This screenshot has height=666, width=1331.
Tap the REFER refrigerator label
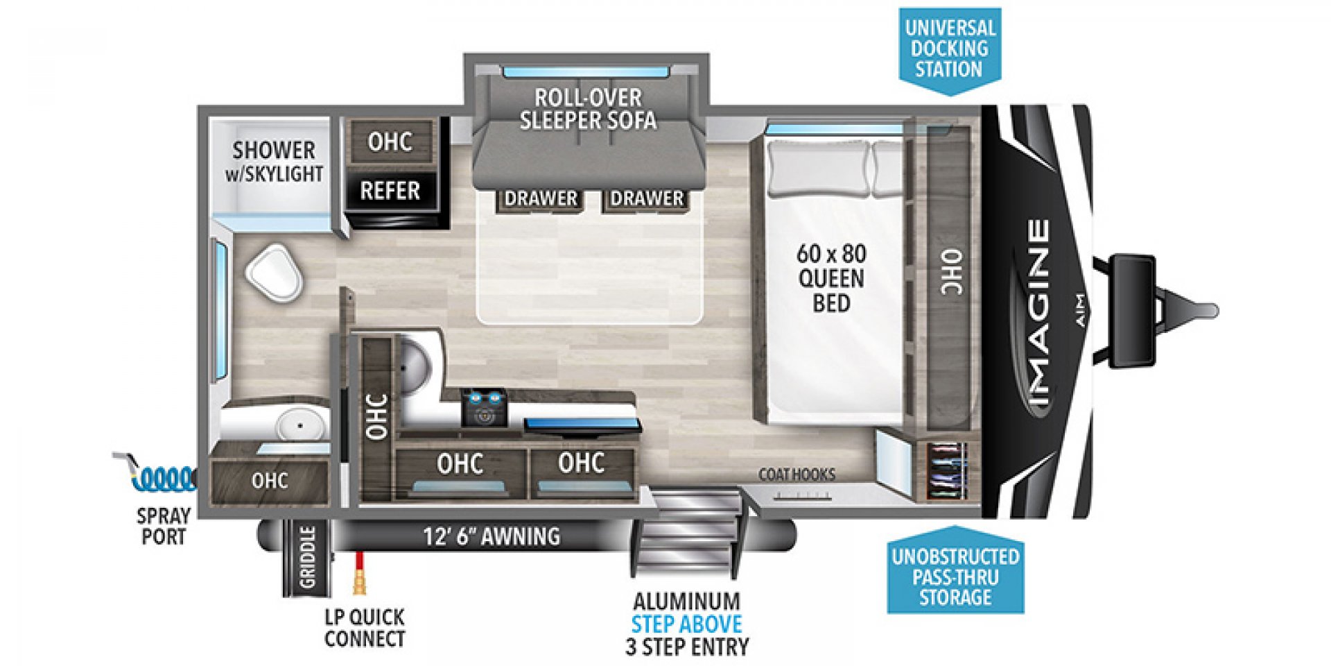pyautogui.click(x=390, y=190)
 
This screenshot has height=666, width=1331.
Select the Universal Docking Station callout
pyautogui.click(x=949, y=49)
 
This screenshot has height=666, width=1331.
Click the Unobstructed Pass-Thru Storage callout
pyautogui.click(x=955, y=577)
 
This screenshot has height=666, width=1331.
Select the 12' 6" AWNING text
pyautogui.click(x=491, y=536)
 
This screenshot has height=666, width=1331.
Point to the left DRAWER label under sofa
pyautogui.click(x=541, y=198)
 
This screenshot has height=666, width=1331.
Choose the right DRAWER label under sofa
pyautogui.click(x=647, y=198)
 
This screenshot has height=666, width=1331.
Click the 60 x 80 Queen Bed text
pyautogui.click(x=830, y=278)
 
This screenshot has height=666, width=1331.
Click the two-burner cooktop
pyautogui.click(x=484, y=407)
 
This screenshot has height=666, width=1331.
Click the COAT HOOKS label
pyautogui.click(x=797, y=475)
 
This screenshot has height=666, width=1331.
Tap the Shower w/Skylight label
pyautogui.click(x=274, y=162)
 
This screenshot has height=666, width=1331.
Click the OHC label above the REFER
pyautogui.click(x=390, y=142)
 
